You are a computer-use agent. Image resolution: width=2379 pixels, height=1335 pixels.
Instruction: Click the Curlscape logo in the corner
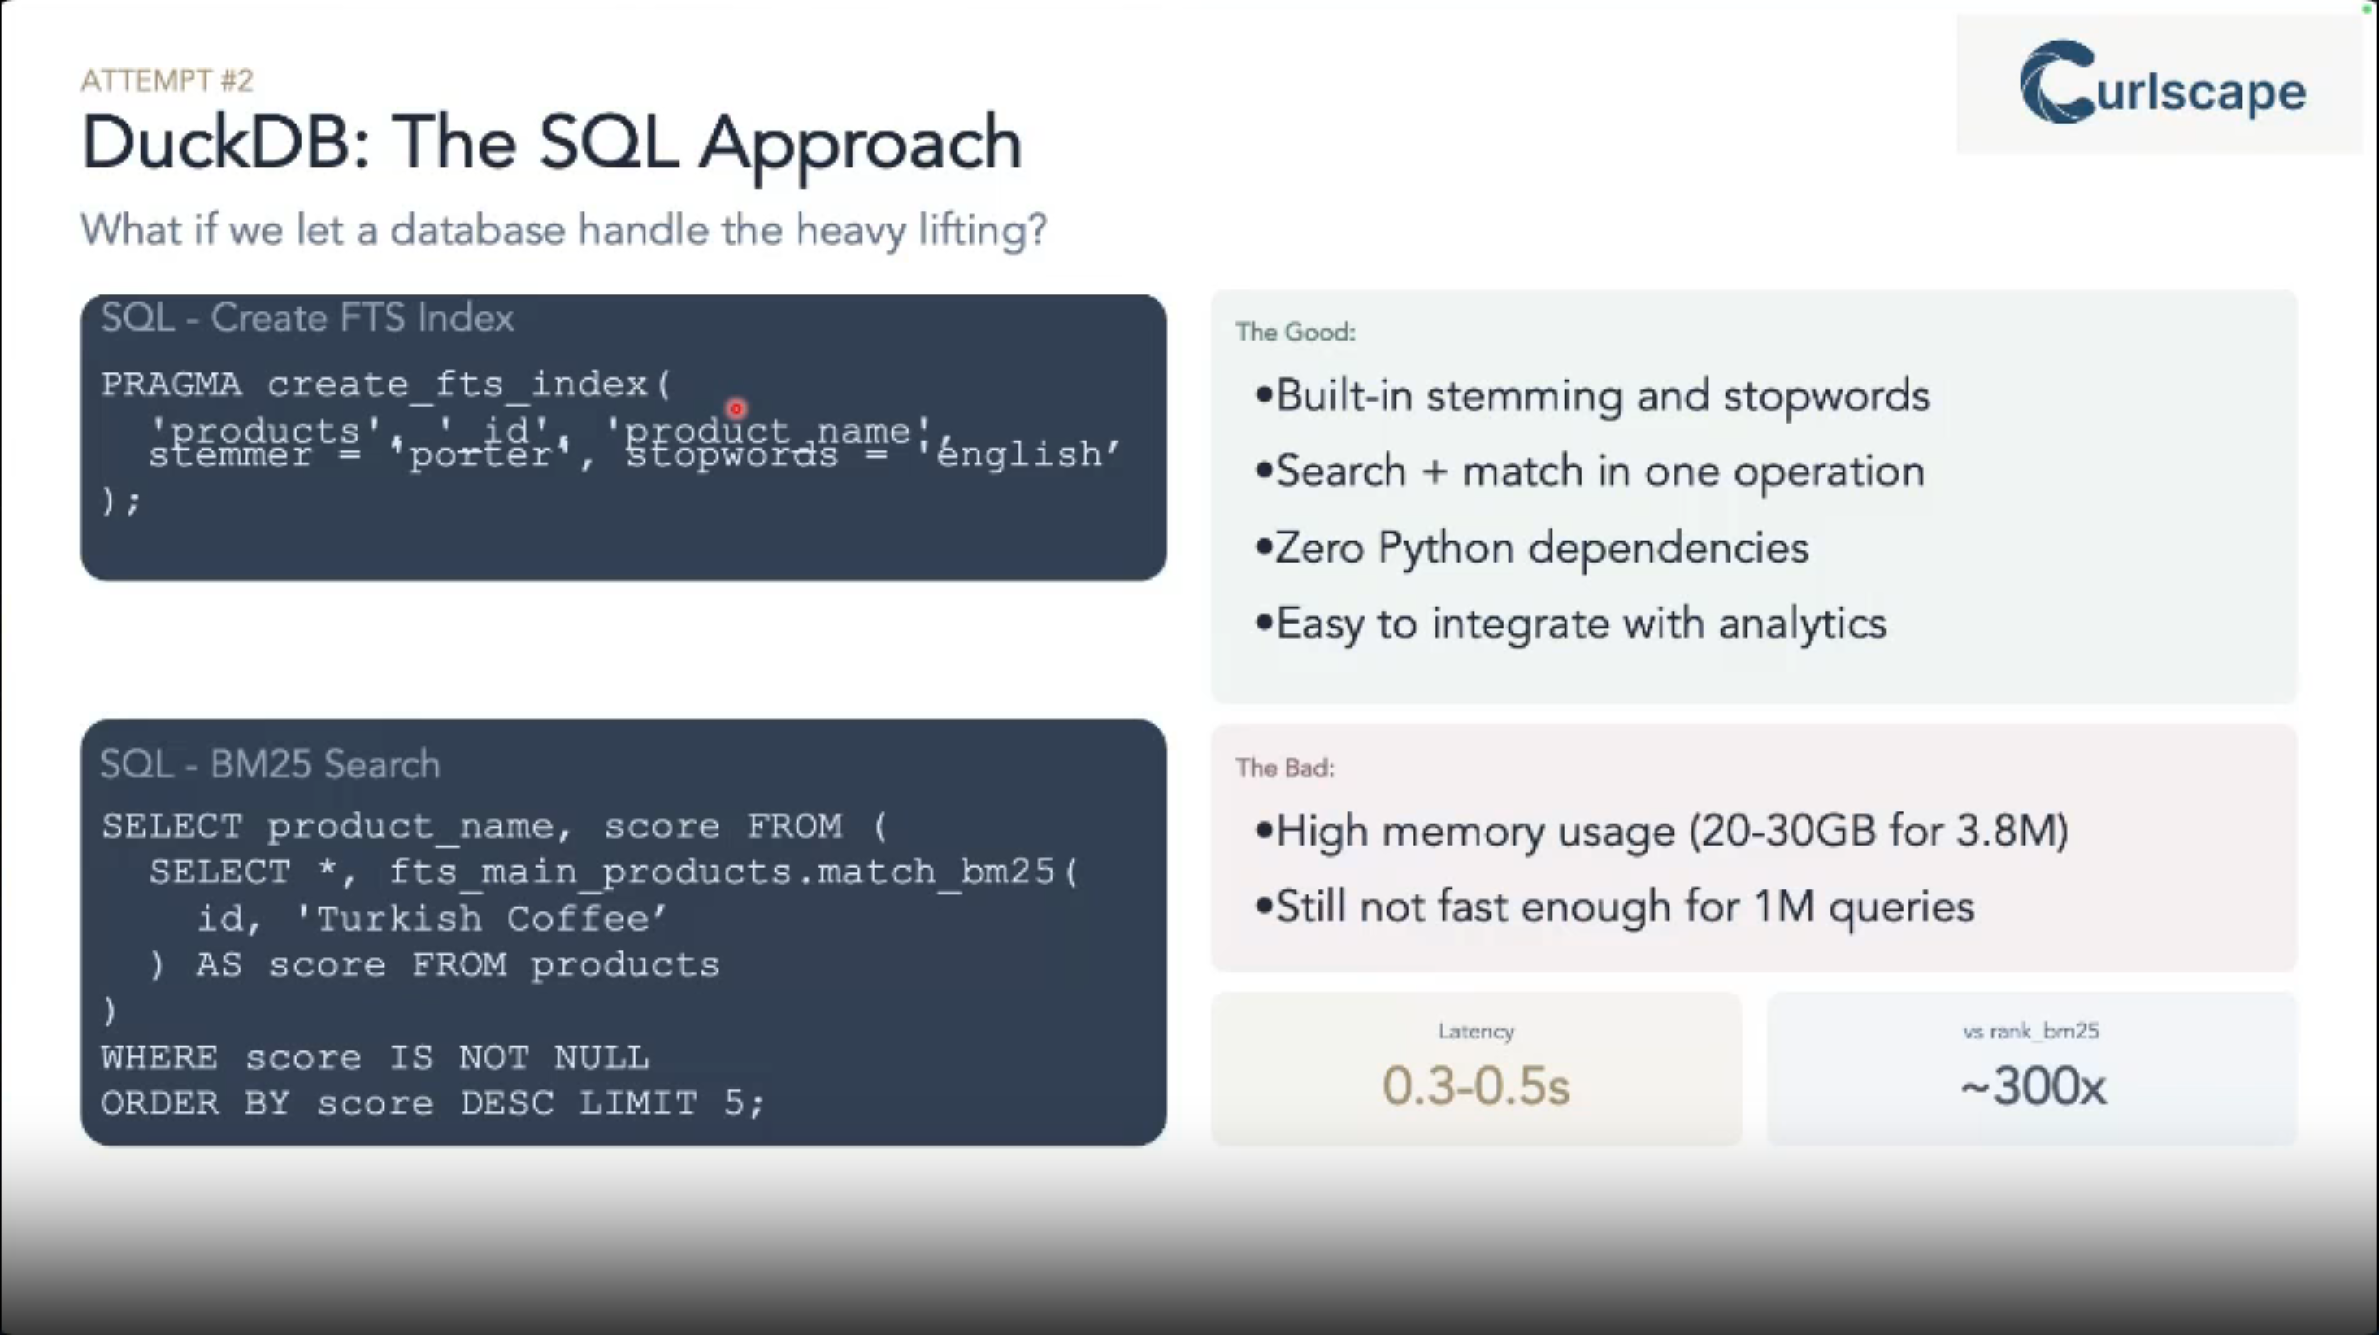2161,85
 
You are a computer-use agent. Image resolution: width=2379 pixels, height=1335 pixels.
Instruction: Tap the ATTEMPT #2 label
167,81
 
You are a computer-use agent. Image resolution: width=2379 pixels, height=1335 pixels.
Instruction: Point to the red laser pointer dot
736,407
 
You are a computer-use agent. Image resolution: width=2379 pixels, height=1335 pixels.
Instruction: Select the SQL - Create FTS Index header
306,319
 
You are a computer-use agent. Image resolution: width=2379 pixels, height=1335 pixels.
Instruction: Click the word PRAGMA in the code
171,384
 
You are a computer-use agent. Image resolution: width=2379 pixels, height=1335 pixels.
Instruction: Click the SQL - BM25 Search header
270,765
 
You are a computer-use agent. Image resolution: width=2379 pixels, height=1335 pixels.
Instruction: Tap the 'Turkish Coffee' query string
480,920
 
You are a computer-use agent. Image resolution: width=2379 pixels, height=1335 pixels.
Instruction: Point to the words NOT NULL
554,1057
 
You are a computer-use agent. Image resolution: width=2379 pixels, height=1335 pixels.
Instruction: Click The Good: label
1295,333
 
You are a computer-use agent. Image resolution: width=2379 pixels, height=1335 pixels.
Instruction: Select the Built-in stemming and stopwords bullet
1601,396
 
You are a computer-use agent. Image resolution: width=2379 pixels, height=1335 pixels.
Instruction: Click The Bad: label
1285,768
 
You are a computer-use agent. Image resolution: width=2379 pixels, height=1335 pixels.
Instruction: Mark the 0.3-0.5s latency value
1475,1085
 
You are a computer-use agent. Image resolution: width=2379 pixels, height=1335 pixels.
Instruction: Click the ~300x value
2033,1085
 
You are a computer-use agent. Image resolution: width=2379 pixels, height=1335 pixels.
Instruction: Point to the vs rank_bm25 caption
2031,1031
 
